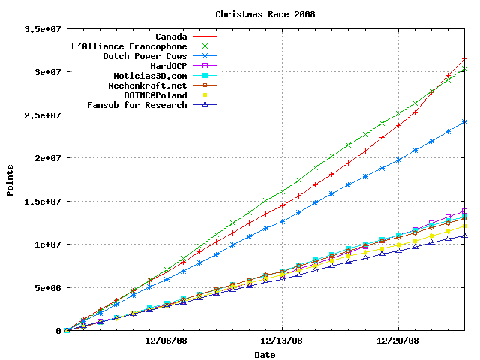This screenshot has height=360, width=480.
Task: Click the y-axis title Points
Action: pos(10,181)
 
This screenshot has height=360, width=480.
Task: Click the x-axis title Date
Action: pos(265,354)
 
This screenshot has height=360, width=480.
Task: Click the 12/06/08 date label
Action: pos(166,340)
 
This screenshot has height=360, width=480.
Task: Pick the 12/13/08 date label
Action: pos(282,340)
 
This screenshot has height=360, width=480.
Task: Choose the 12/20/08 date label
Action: pos(397,340)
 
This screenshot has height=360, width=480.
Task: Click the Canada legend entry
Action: pos(171,37)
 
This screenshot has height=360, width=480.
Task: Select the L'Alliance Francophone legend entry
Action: pos(129,46)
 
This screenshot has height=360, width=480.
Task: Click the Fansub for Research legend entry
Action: pos(137,105)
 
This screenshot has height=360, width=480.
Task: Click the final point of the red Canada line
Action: pos(465,59)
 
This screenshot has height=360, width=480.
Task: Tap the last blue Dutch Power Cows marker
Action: pos(465,122)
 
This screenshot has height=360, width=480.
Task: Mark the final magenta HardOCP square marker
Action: pos(465,211)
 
